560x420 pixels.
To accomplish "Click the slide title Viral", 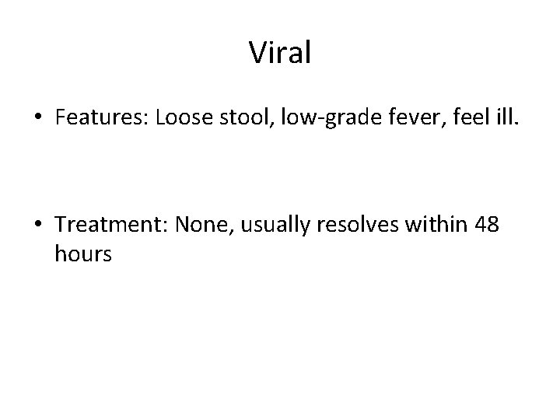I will click(280, 53).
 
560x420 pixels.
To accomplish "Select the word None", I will click(200, 226).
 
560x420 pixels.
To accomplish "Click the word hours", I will click(84, 254).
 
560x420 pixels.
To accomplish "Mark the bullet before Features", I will click(38, 118).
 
